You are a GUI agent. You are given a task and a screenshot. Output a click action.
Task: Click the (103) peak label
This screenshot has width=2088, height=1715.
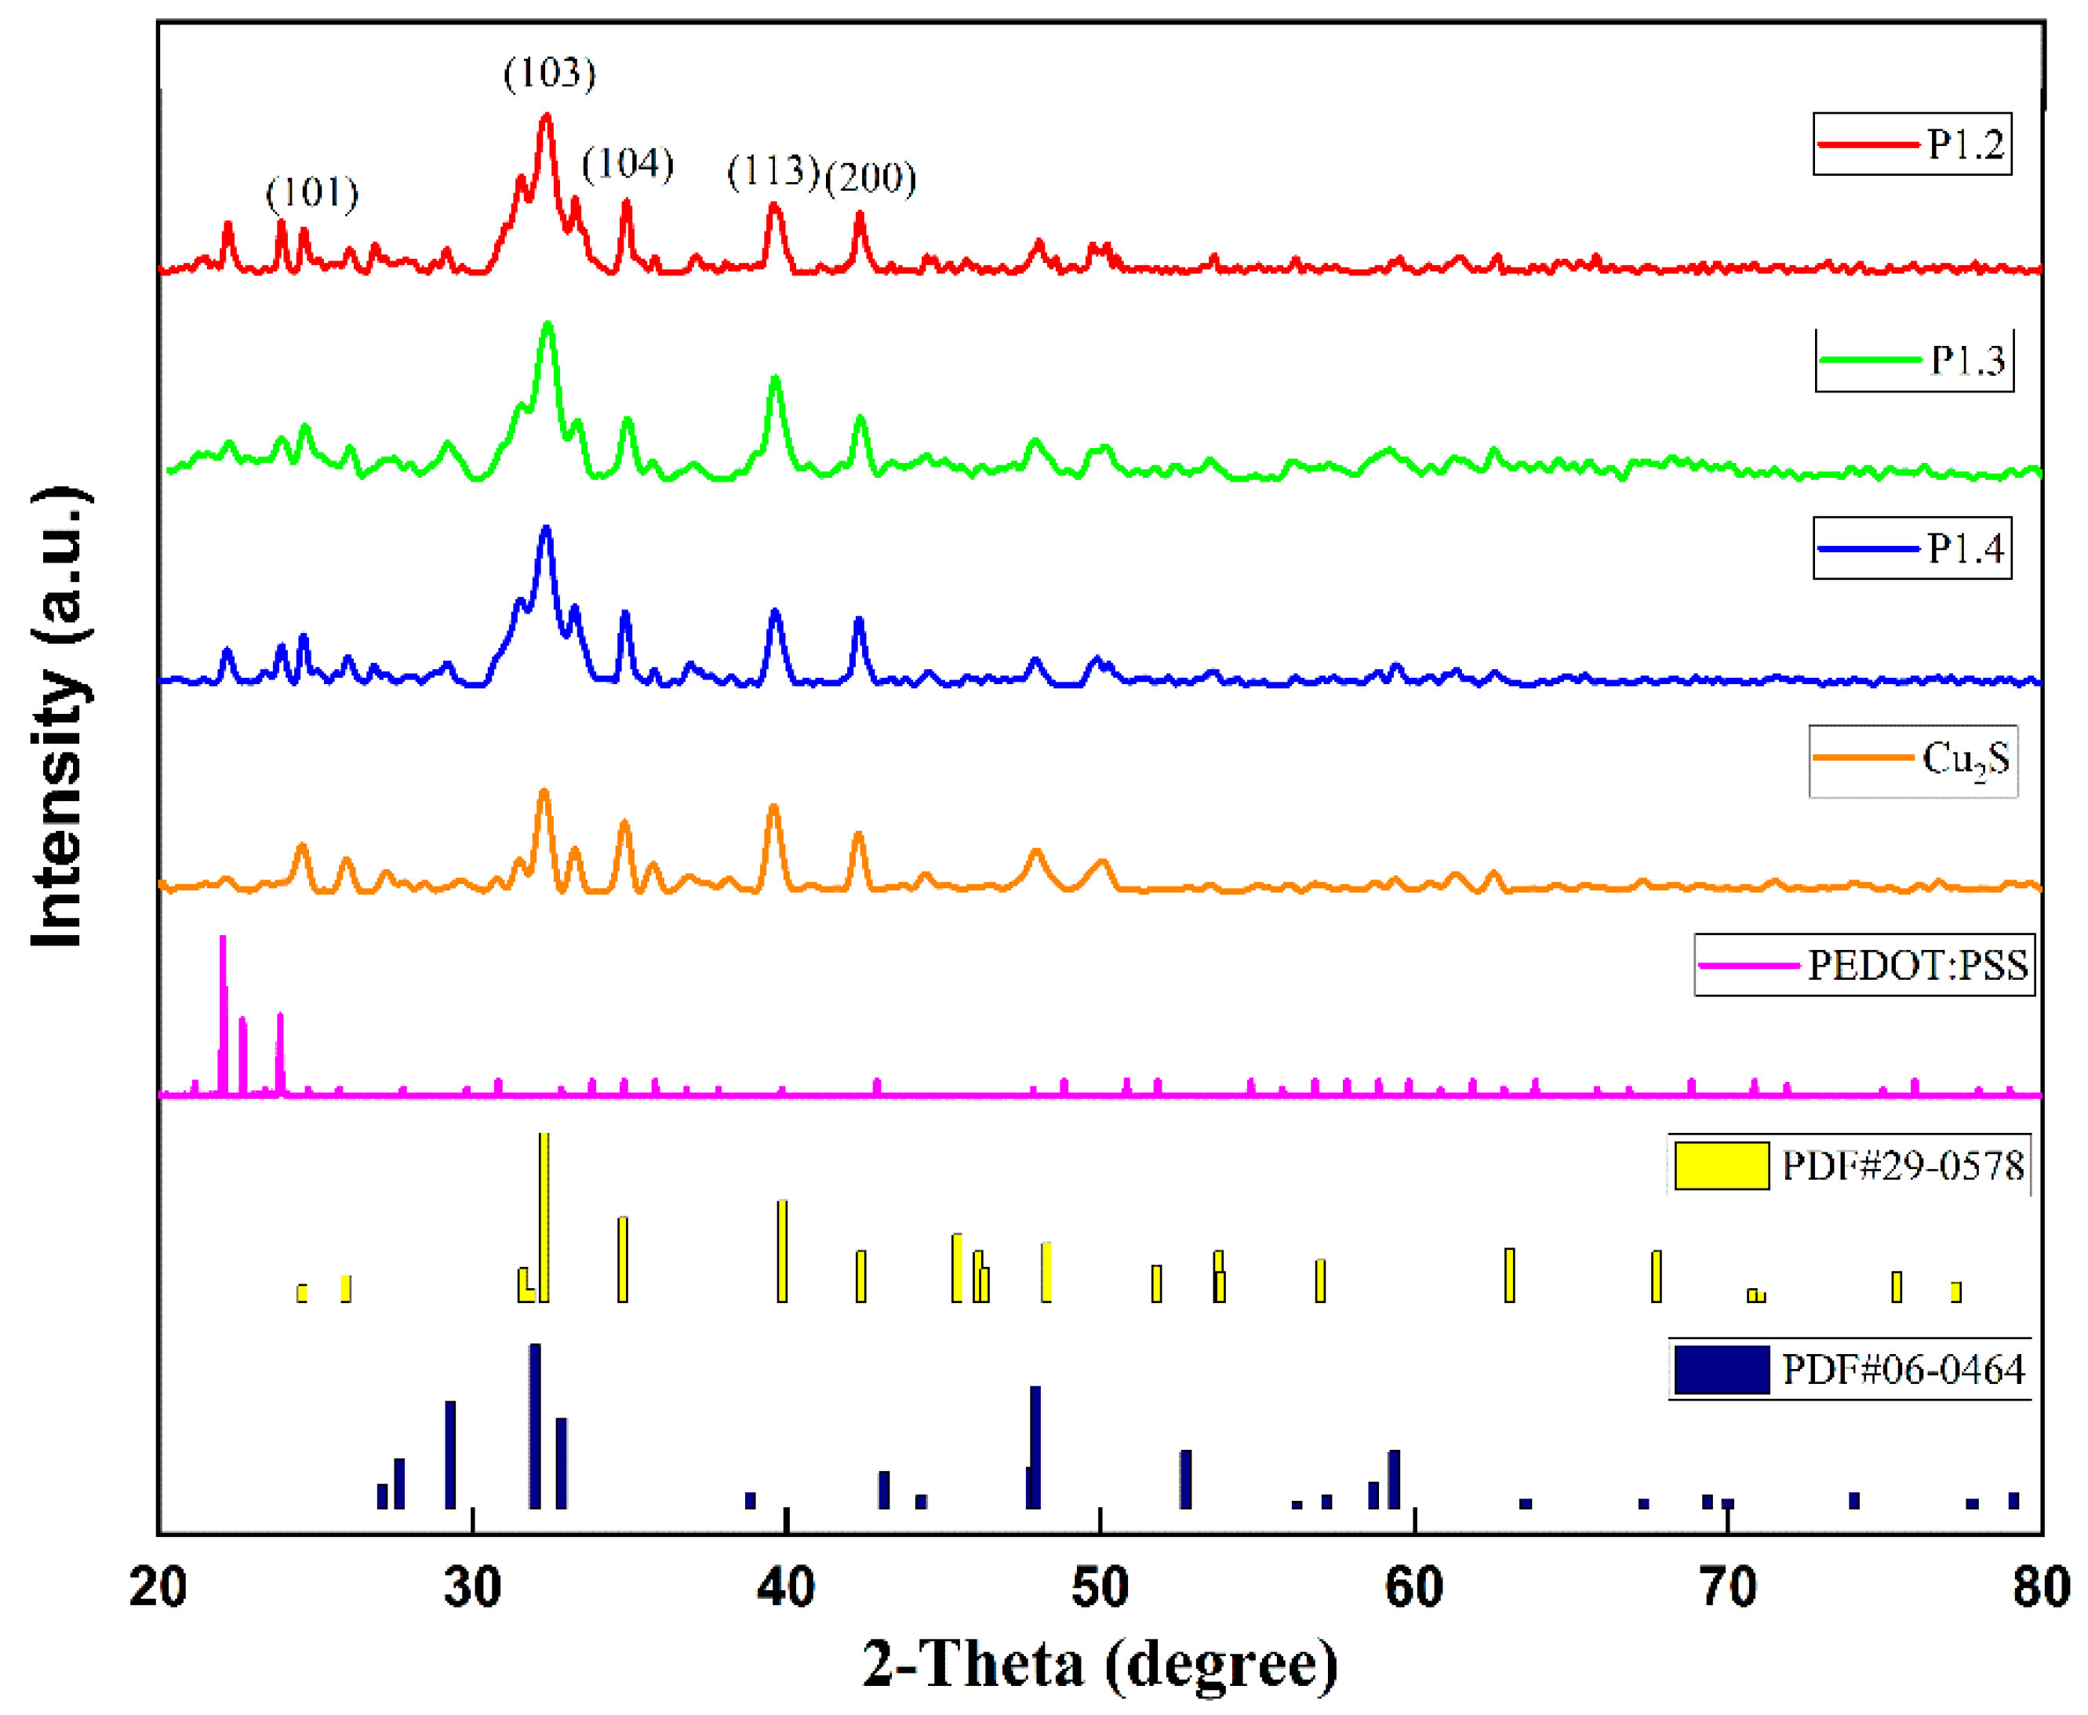[x=549, y=73]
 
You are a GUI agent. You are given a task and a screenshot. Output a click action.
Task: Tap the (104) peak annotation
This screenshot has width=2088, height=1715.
[x=627, y=163]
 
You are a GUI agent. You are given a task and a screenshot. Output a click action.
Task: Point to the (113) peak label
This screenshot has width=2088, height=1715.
[x=773, y=171]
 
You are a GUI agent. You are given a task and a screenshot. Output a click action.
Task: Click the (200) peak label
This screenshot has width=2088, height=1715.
[x=870, y=178]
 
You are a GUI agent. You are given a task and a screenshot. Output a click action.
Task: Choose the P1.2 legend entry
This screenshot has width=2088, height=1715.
[x=1912, y=144]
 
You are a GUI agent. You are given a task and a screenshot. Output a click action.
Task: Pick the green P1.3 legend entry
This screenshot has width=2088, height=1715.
[x=1913, y=361]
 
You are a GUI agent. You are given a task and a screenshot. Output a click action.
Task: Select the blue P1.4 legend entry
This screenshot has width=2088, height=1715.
[x=1912, y=548]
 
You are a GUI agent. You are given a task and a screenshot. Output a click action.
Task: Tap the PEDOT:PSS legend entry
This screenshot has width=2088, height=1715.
[x=1864, y=965]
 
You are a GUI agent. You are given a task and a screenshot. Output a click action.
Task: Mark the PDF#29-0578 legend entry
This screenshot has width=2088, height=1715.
[x=1848, y=1167]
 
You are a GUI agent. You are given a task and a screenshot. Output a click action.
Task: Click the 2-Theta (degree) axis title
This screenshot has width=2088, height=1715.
[x=1100, y=1665]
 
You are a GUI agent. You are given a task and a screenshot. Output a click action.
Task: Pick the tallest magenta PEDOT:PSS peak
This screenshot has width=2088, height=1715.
[x=222, y=1013]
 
